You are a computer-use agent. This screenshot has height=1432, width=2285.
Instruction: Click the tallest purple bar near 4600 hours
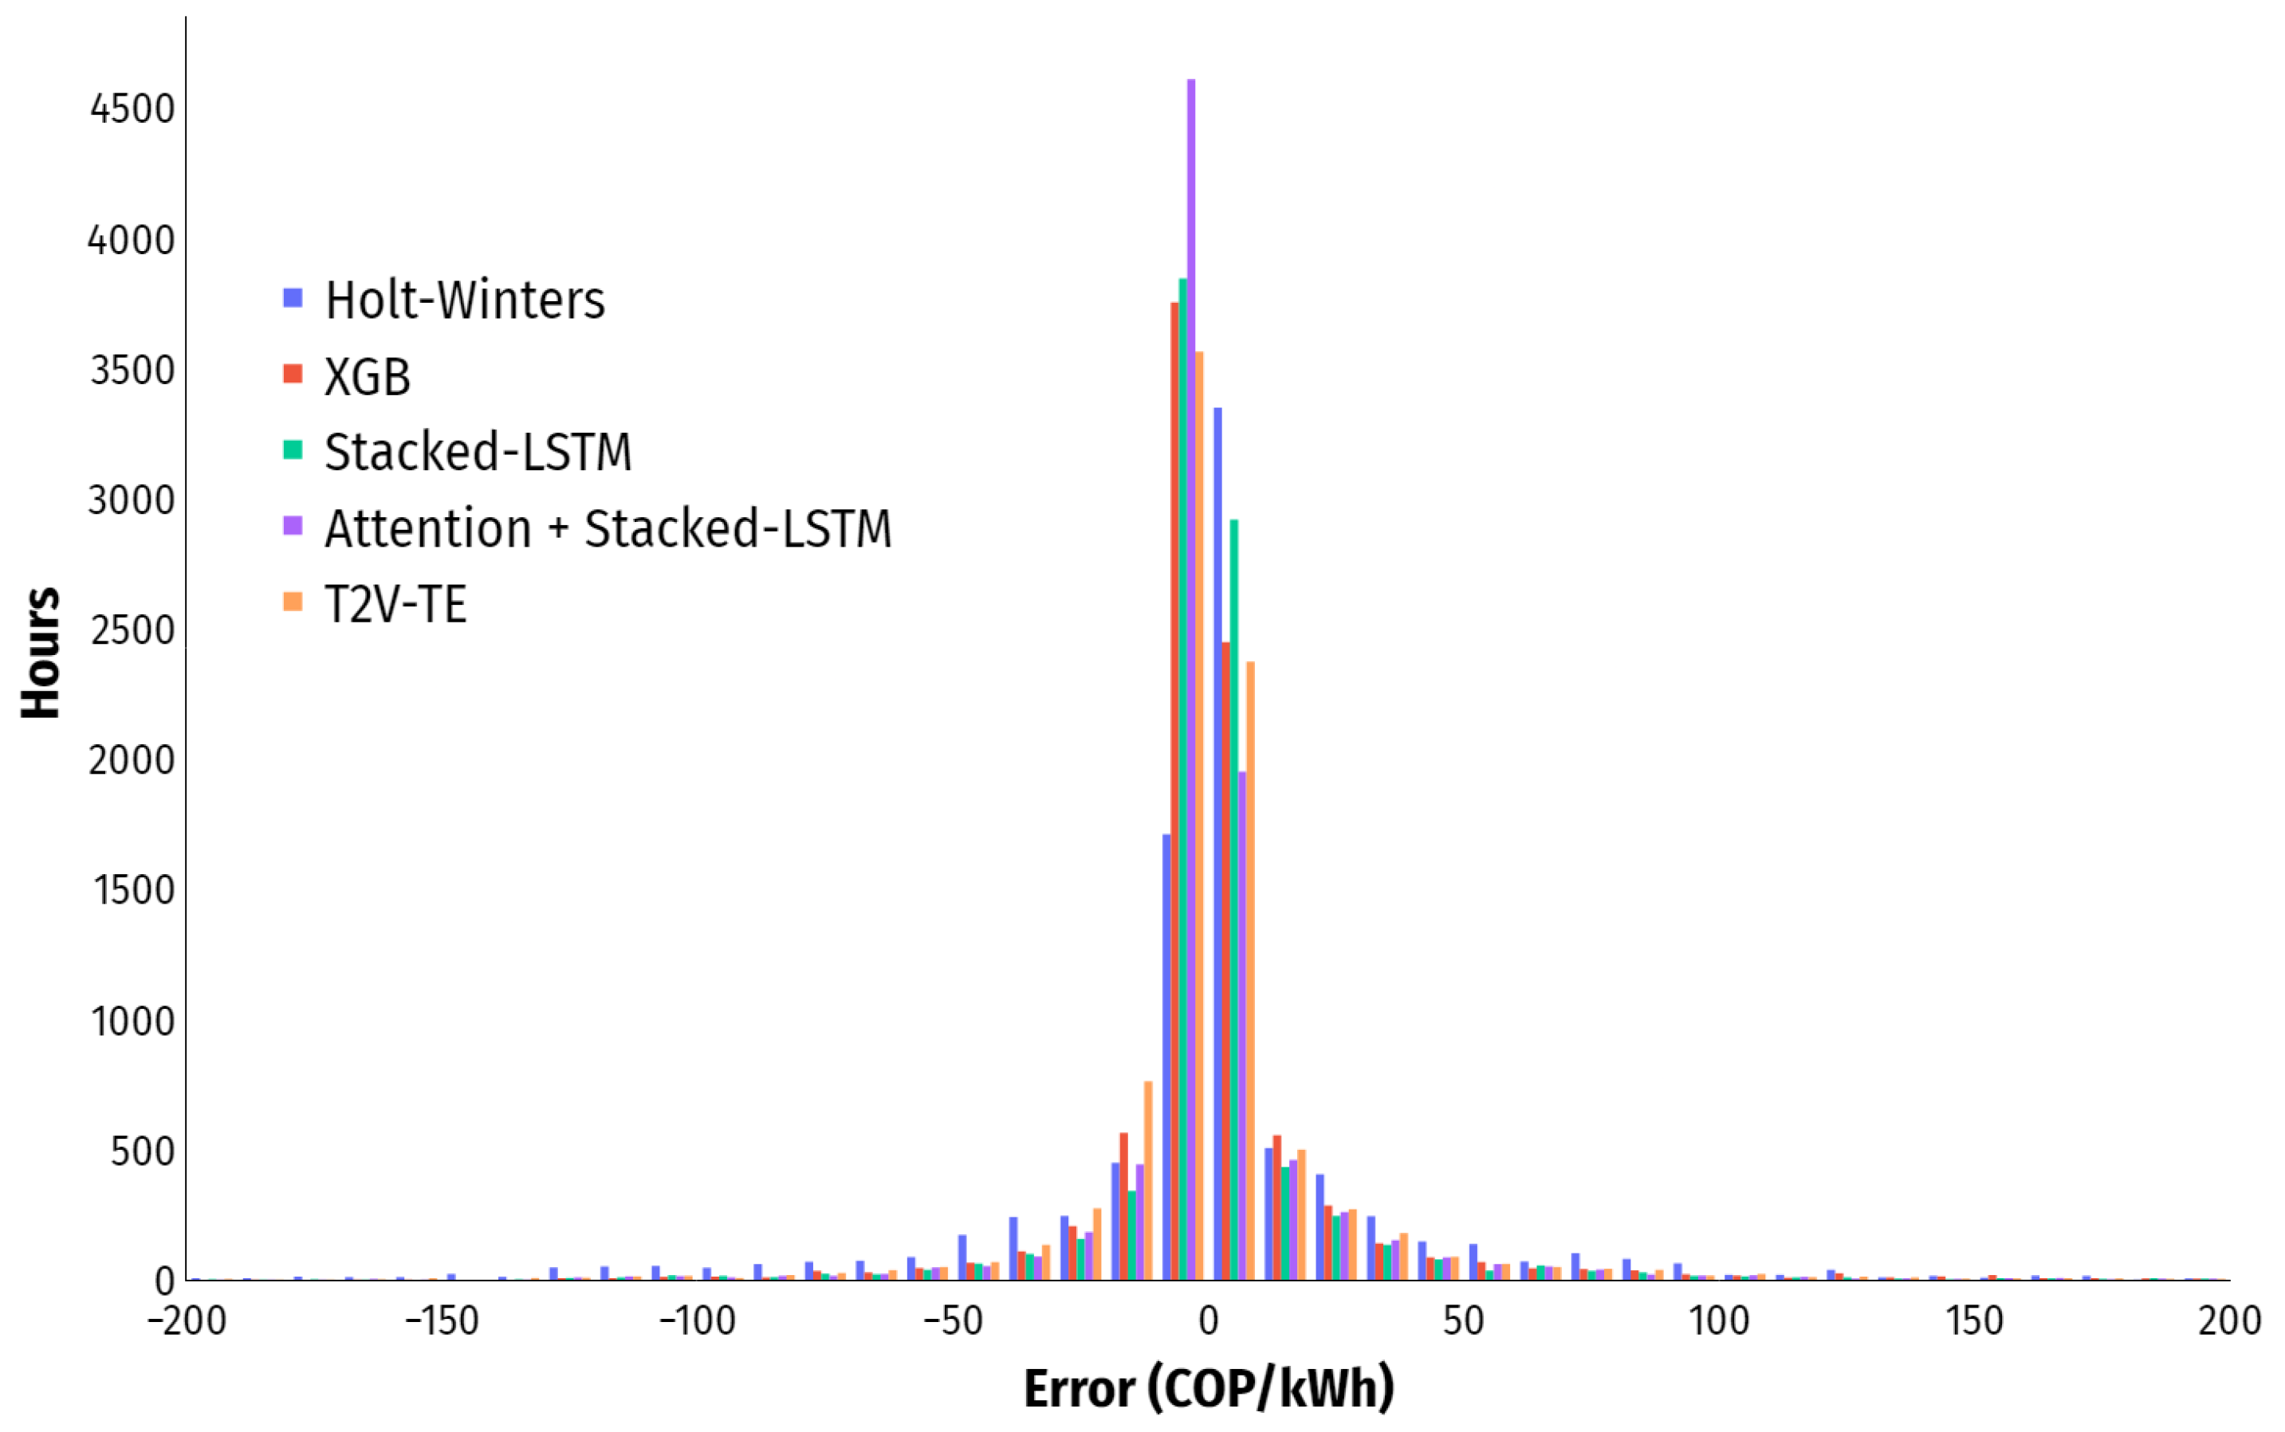coord(1191,663)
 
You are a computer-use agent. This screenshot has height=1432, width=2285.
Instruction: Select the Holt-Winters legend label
coord(464,300)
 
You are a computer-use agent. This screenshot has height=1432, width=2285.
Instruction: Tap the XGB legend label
coord(368,377)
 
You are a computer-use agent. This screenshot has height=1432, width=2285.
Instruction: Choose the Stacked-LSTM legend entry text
coord(478,452)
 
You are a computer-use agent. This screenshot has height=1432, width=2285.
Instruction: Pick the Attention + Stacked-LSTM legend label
coord(608,528)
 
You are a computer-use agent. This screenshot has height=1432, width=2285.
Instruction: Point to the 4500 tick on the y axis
coord(132,110)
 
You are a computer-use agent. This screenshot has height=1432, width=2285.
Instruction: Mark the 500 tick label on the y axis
coord(142,1151)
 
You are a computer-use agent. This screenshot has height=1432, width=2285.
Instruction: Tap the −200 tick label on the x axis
coord(187,1321)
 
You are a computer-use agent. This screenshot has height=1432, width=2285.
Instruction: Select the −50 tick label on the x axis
coord(952,1321)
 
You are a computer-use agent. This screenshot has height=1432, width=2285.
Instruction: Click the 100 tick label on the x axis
coord(1718,1321)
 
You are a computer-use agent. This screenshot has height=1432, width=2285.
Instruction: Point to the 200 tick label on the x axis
coord(2229,1321)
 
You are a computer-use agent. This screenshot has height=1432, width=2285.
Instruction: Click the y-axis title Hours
coord(41,653)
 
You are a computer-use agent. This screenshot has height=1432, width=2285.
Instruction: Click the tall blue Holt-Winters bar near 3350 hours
coord(1217,853)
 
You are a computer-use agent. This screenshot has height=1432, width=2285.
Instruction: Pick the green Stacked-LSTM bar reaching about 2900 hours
coord(1233,900)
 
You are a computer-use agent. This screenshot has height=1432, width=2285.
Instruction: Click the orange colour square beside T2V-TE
coord(293,602)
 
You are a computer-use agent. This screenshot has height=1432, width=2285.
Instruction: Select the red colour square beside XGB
coord(293,373)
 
